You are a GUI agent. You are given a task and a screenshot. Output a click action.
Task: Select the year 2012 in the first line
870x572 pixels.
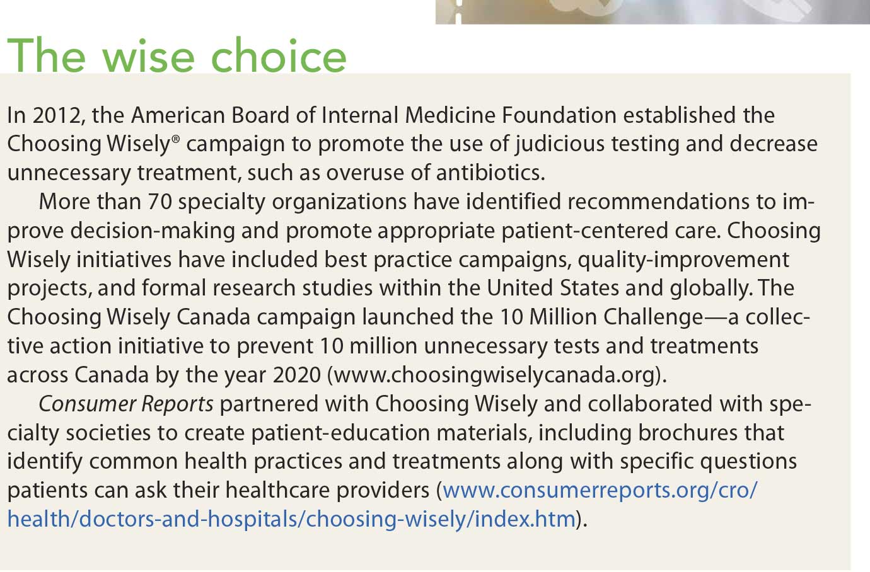[57, 115]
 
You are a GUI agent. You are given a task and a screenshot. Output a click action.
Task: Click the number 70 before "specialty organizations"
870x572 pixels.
[159, 202]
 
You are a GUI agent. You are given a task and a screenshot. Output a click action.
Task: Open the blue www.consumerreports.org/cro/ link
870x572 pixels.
[600, 491]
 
